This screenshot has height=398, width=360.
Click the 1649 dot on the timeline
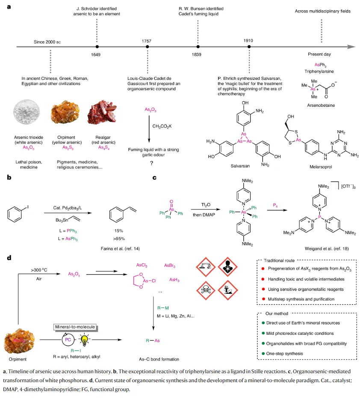pyautogui.click(x=97, y=47)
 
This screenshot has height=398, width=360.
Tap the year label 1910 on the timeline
pyautogui.click(x=248, y=41)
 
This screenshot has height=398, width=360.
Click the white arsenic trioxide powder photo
pyautogui.click(x=27, y=112)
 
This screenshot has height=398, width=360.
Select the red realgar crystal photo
pyautogui.click(x=102, y=112)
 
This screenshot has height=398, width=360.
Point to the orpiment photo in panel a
pyautogui.click(x=65, y=112)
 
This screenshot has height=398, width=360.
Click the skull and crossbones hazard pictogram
pyautogui.click(x=206, y=290)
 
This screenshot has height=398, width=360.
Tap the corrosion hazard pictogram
pyautogui.click(x=206, y=267)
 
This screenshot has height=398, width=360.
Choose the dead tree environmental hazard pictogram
pyautogui.click(x=228, y=290)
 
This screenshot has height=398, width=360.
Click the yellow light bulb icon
pyautogui.click(x=84, y=340)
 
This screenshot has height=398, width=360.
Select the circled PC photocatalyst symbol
pyautogui.click(x=68, y=339)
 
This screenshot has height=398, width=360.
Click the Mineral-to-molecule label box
pyautogui.click(x=75, y=327)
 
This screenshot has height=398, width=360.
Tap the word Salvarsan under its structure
pyautogui.click(x=240, y=166)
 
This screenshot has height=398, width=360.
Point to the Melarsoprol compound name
pyautogui.click(x=321, y=167)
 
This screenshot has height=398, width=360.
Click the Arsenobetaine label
pyautogui.click(x=321, y=105)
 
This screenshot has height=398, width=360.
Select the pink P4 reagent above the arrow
pyautogui.click(x=275, y=205)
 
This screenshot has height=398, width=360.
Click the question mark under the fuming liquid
pyautogui.click(x=152, y=163)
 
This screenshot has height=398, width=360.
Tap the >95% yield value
pyautogui.click(x=119, y=239)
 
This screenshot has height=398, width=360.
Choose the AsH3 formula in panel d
pyautogui.click(x=174, y=280)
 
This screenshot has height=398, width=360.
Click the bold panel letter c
pyautogui.click(x=154, y=178)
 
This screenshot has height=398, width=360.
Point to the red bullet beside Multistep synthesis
pyautogui.click(x=263, y=299)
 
